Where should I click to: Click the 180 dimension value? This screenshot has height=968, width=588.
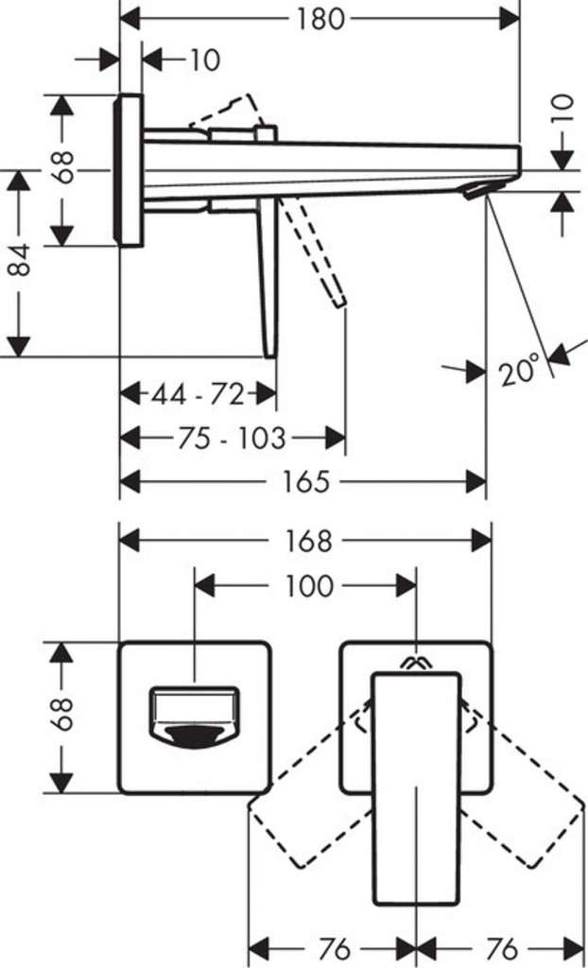[x=320, y=19]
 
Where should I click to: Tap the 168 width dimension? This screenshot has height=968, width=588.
[x=309, y=541]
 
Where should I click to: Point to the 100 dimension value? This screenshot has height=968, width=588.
[x=309, y=586]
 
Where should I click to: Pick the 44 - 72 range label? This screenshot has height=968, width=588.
[x=198, y=393]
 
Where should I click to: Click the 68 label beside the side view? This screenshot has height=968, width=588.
[x=64, y=167]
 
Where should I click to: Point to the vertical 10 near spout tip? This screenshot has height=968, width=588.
[x=563, y=112]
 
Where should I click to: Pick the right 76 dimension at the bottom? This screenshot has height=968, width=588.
[x=501, y=947]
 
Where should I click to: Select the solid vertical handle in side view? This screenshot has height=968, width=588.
[x=268, y=279]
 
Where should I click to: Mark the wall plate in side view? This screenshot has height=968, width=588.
[x=130, y=169]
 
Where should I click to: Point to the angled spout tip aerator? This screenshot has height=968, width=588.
[x=476, y=192]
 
